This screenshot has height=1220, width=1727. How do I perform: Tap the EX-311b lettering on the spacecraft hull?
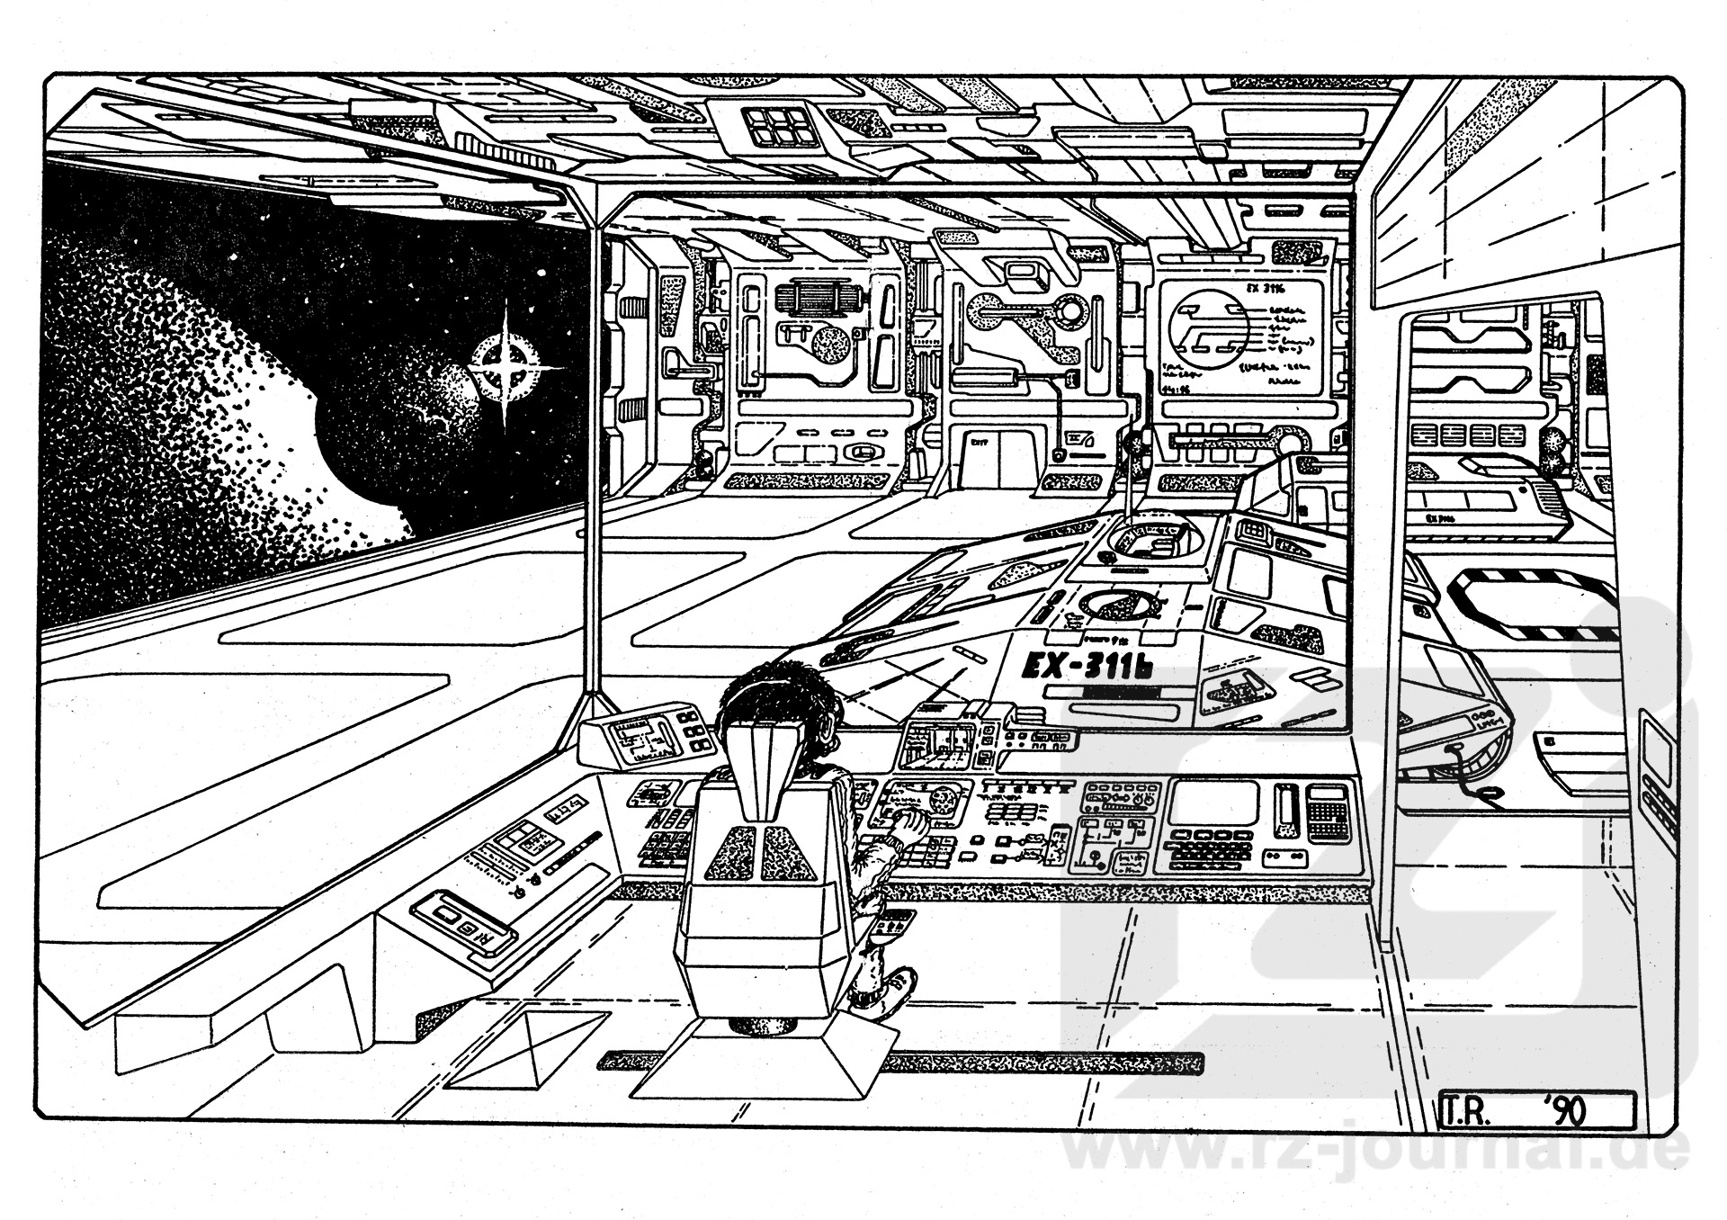1087,667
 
